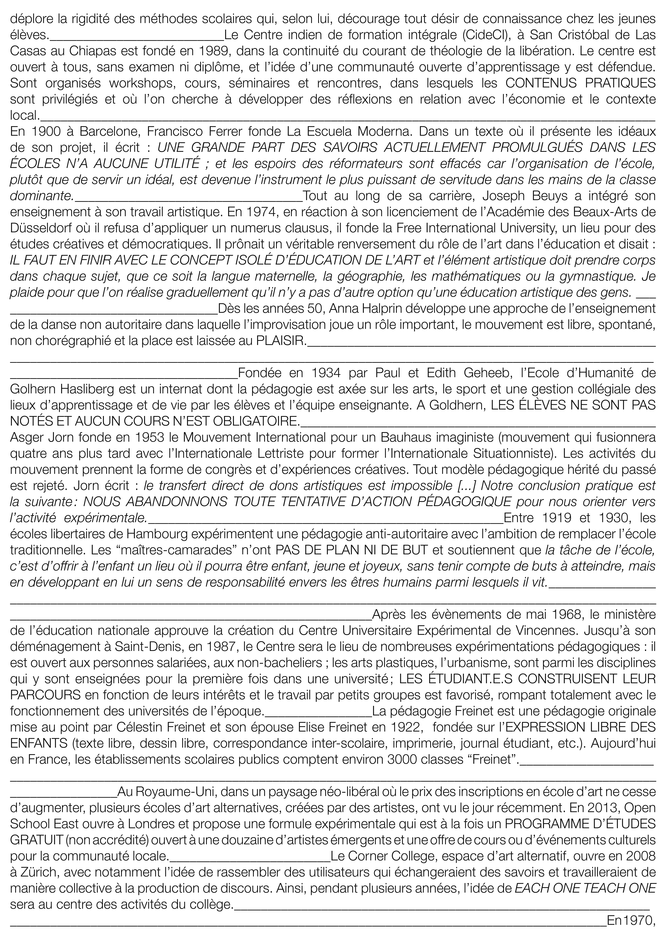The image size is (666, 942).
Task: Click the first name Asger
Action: click(25, 437)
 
